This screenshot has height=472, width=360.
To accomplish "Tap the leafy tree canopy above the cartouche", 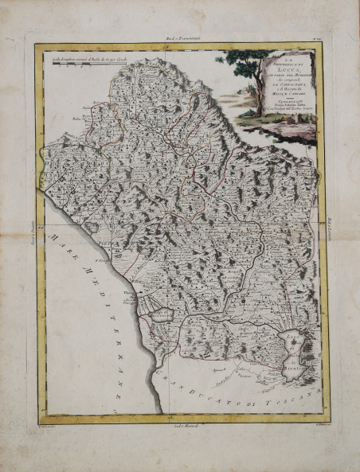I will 243,57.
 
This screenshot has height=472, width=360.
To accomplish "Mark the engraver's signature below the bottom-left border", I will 48,428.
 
